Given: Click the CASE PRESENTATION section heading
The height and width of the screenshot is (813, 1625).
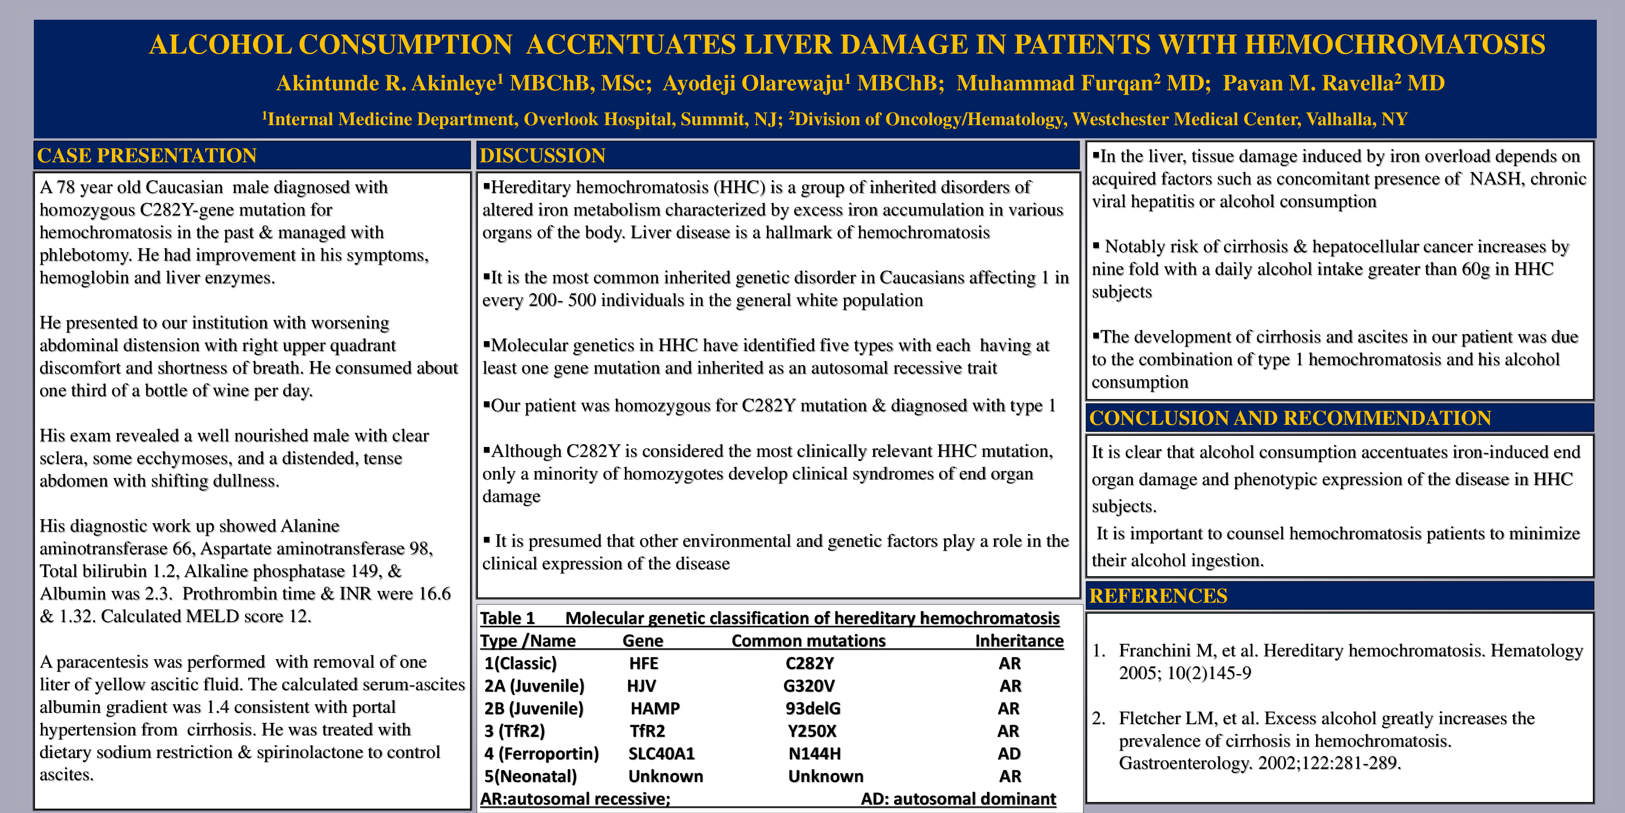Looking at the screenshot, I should pos(146,155).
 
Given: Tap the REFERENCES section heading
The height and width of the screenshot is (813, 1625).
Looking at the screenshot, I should pos(1158,596).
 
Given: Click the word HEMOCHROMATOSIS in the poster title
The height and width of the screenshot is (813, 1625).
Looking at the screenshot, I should pos(1395,44).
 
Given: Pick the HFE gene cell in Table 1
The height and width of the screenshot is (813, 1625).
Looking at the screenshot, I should pos(643,663).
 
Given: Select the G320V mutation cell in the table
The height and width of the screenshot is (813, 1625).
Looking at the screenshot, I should pos(809,686).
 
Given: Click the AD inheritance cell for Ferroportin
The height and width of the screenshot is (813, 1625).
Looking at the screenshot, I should pos(1009,754).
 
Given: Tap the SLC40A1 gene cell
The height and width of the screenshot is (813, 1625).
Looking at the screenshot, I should pos(661,754).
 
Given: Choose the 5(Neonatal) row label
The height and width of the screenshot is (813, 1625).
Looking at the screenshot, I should pos(530,776).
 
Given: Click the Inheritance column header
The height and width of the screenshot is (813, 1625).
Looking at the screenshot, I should pos(1019,641).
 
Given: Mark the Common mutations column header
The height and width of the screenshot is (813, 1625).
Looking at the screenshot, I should pos(808,641).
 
